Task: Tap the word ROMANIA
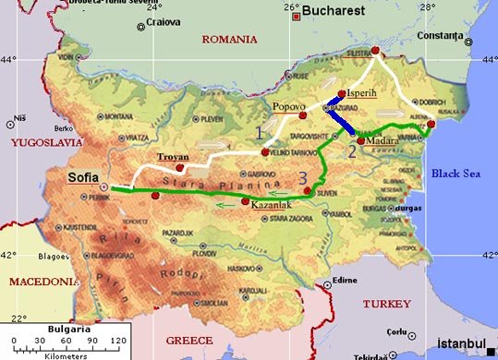pyautogui.click(x=229, y=39)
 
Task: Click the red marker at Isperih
pyautogui.click(x=342, y=94)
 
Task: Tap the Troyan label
pyautogui.click(x=174, y=157)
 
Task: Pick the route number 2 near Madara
pyautogui.click(x=351, y=151)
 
